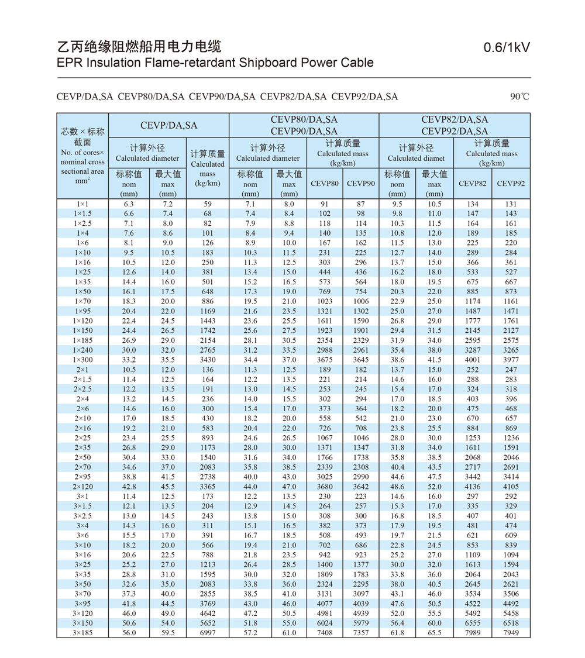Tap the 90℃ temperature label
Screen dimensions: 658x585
tap(519, 97)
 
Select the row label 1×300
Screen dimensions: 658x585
tap(82, 360)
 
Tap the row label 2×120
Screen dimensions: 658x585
tap(82, 487)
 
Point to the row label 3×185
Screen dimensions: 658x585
tap(82, 633)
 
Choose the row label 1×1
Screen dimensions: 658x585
tap(82, 204)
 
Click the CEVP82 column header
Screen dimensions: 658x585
tap(472, 183)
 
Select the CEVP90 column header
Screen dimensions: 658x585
tap(361, 183)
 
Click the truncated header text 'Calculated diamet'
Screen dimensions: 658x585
tap(416, 158)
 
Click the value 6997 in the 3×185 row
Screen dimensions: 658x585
tap(208, 633)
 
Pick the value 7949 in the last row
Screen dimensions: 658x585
tap(511, 633)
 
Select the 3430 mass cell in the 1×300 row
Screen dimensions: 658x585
tap(208, 360)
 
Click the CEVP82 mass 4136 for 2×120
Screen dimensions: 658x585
tap(472, 487)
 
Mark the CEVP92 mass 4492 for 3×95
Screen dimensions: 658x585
tap(511, 604)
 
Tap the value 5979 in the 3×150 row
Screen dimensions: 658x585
tap(361, 623)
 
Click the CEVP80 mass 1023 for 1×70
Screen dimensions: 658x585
tap(325, 301)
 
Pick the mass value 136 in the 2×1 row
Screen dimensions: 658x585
tap(208, 370)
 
